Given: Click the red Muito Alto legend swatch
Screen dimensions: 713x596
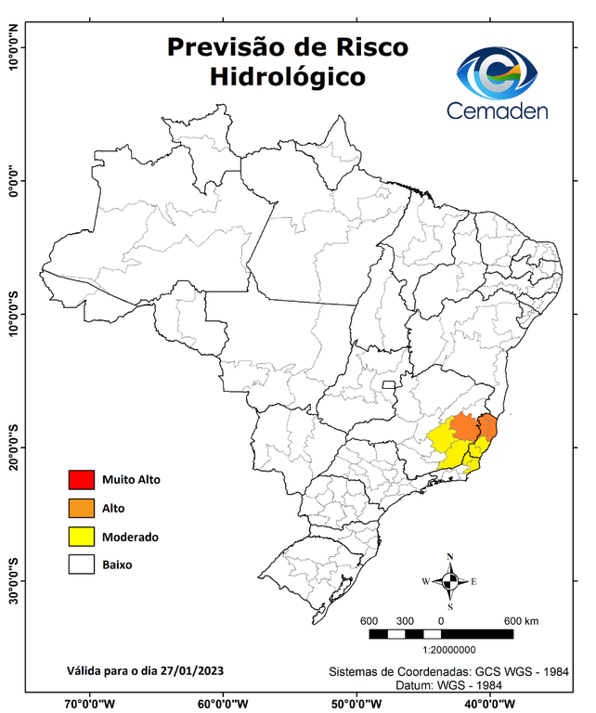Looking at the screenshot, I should (x=81, y=480).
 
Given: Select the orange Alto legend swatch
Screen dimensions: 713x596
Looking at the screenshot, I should (x=81, y=508).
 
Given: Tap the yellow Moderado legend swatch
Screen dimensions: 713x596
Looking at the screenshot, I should (x=81, y=537).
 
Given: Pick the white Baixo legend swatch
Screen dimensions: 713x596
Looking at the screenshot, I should (x=81, y=564).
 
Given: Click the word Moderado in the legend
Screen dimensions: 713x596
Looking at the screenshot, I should (x=130, y=537).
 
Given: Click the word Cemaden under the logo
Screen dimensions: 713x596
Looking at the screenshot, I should (x=498, y=110).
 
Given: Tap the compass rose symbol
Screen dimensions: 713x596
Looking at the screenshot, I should (x=450, y=581).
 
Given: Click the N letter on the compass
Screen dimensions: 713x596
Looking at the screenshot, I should (x=450, y=557).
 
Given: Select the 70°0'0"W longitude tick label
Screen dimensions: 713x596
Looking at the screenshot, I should (x=90, y=703).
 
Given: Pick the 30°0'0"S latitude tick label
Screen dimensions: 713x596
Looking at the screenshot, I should (x=13, y=580).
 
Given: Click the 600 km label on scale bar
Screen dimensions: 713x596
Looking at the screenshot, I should (x=522, y=620).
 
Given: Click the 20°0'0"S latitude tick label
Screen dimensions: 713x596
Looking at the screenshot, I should (x=13, y=447).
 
